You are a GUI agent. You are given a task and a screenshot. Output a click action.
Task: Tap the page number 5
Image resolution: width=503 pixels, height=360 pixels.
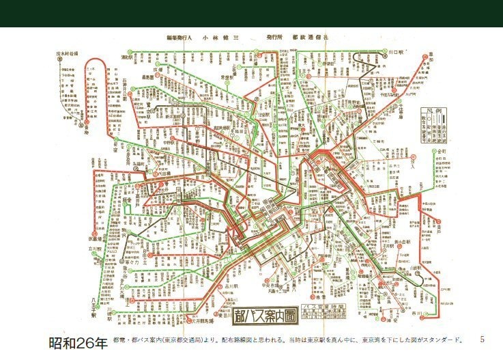(x=482, y=339)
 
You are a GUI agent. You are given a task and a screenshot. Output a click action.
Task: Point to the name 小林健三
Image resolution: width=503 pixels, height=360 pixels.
(x=217, y=38)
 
